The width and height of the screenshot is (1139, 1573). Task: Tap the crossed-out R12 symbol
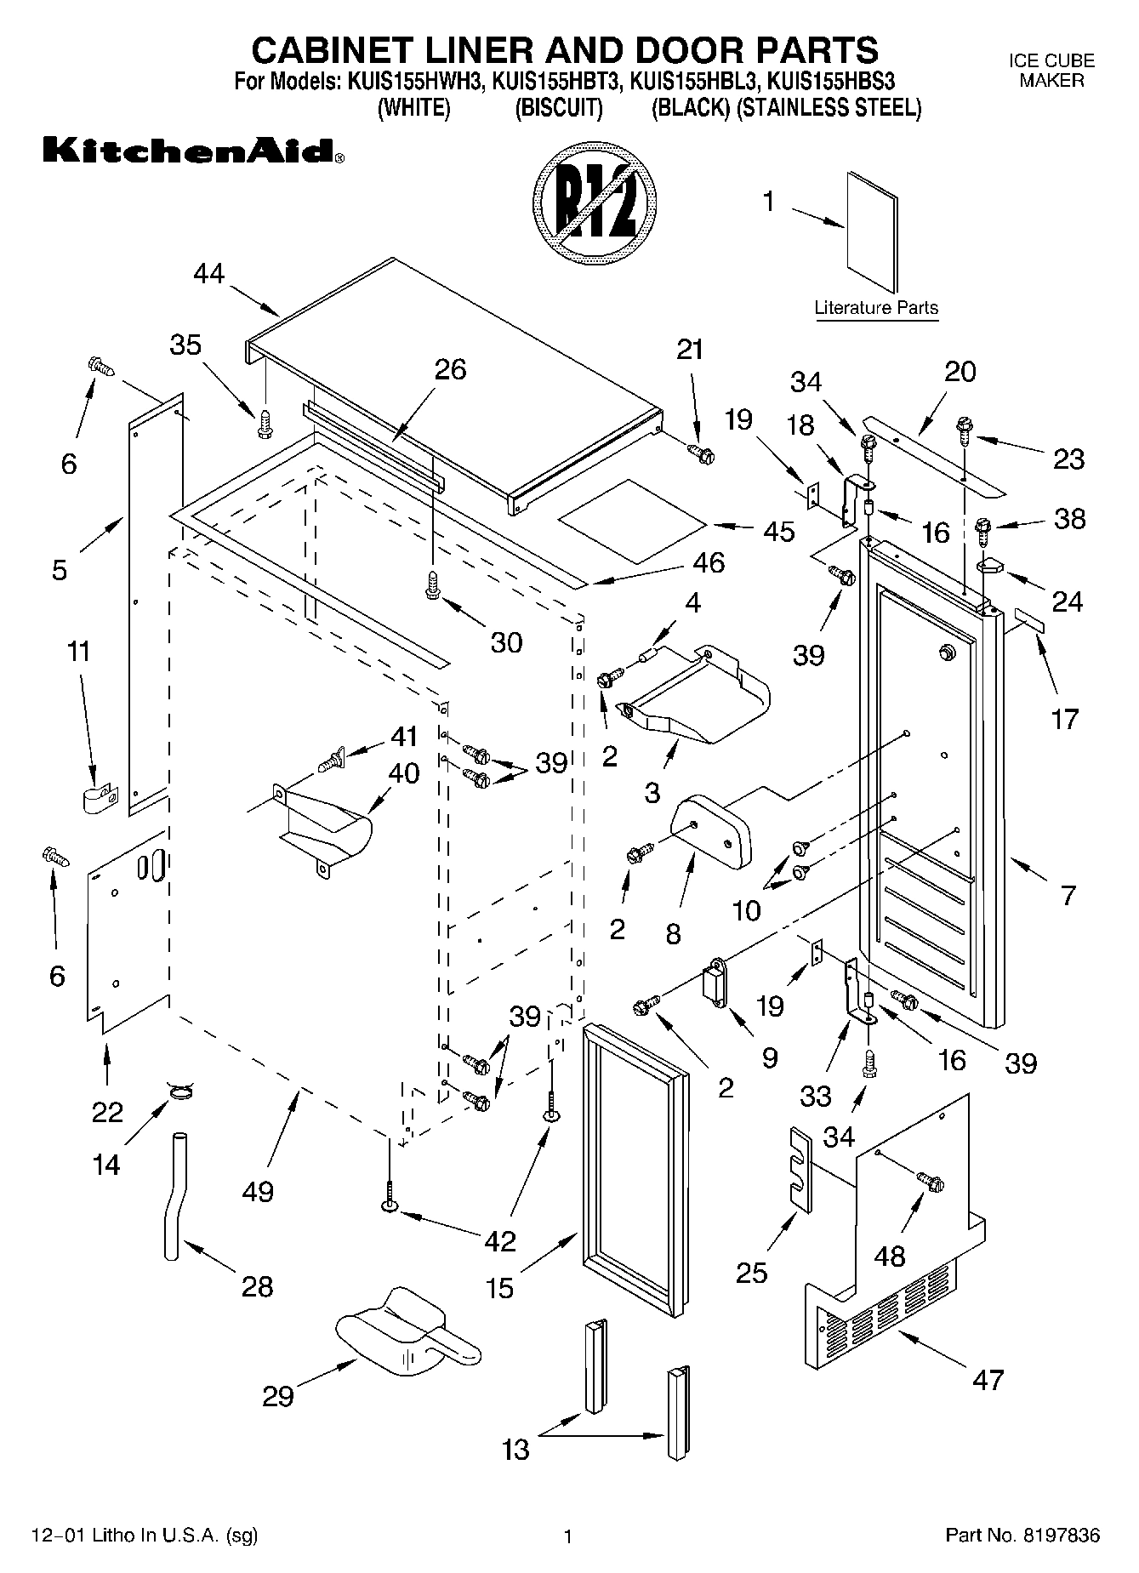595,207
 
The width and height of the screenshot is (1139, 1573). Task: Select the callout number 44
209,273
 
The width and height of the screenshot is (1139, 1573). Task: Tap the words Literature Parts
876,308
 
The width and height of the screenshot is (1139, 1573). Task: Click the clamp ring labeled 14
181,1090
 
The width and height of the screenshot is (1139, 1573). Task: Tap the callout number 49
258,1191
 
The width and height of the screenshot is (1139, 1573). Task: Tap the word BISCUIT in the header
559,109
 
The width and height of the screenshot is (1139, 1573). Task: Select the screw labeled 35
265,423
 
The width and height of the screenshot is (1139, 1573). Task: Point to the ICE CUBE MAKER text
1051,71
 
